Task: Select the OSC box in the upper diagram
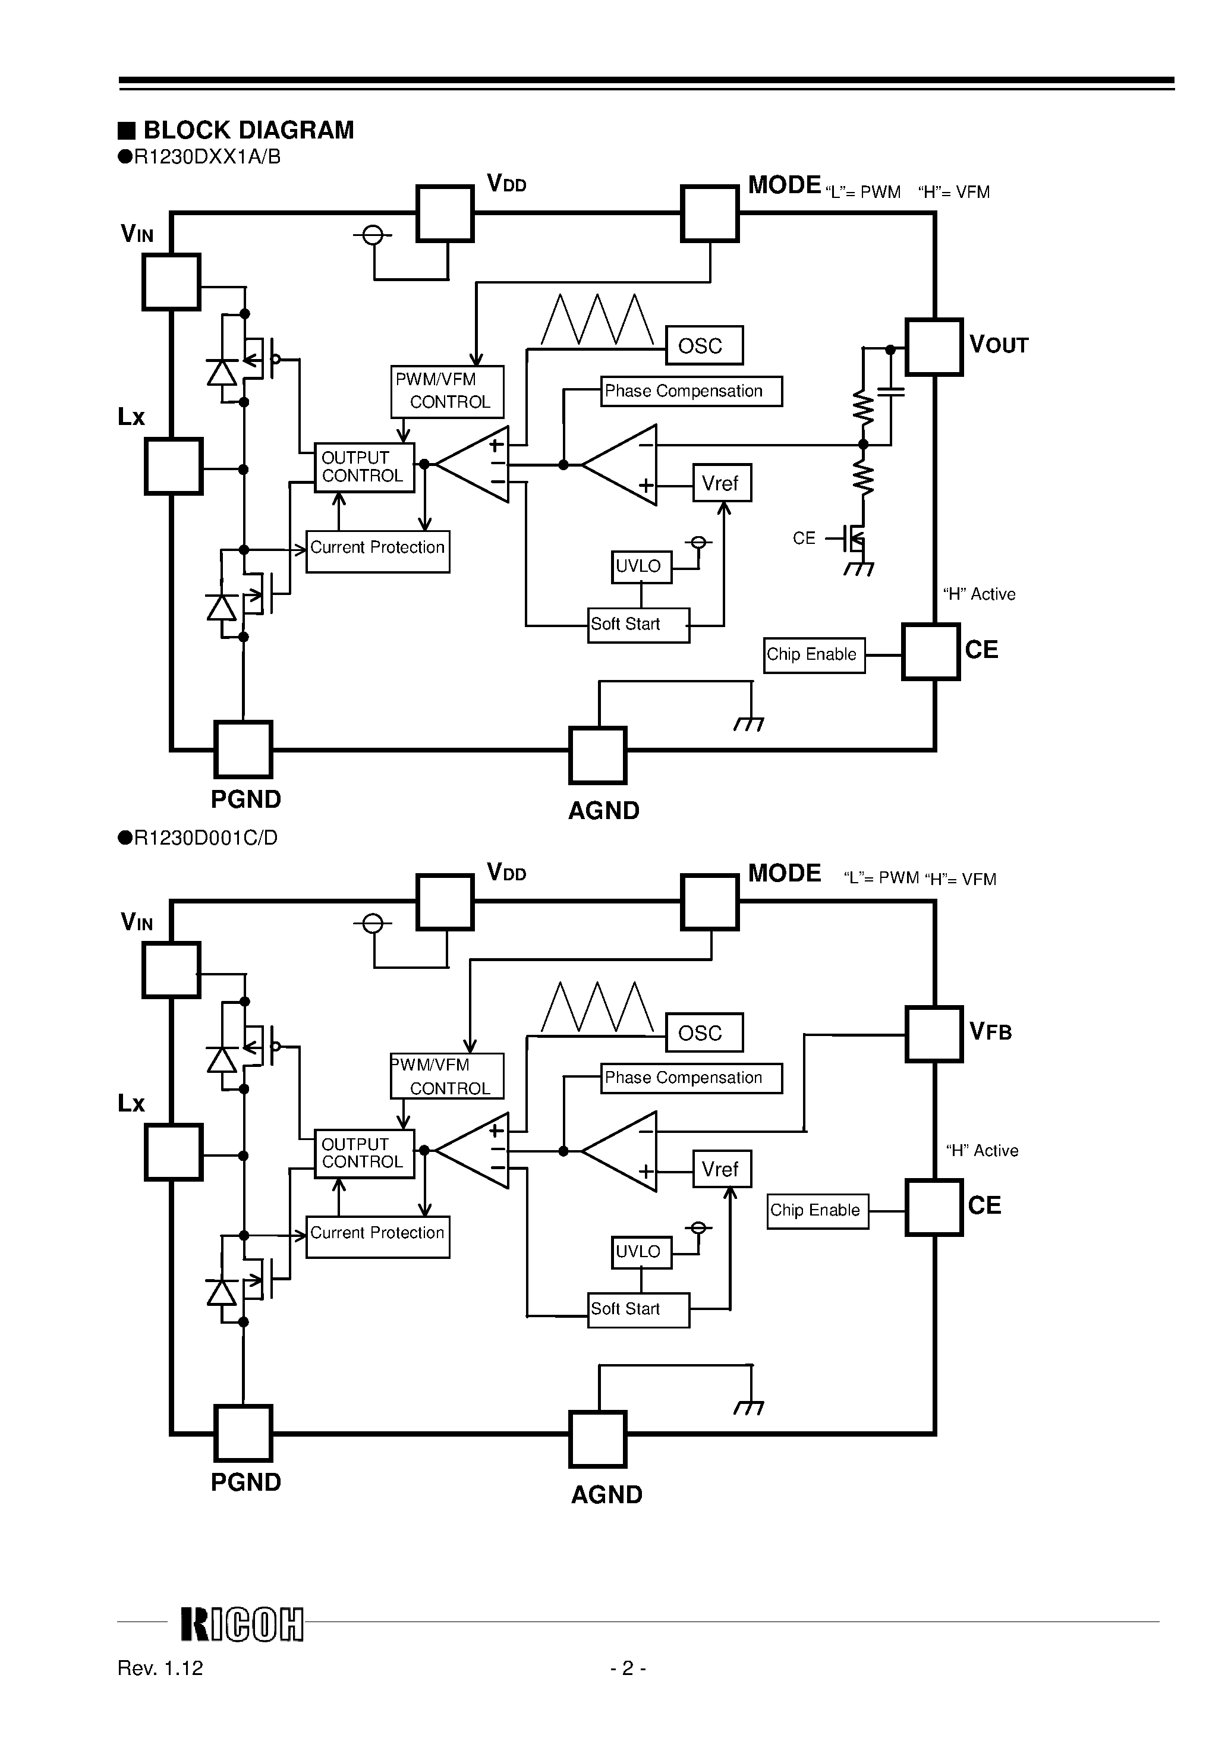[703, 346]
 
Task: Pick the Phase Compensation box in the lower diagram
[691, 1078]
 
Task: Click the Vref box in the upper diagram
[722, 483]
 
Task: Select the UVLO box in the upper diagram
[641, 567]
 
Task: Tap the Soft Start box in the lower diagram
[638, 1309]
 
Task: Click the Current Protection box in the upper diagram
[377, 551]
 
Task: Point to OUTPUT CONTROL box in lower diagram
[364, 1154]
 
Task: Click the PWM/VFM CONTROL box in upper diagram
[447, 391]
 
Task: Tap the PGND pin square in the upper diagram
[243, 750]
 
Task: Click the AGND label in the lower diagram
[606, 1494]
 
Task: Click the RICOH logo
[241, 1624]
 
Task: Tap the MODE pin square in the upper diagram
[709, 213]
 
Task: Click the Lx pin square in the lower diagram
[174, 1152]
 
